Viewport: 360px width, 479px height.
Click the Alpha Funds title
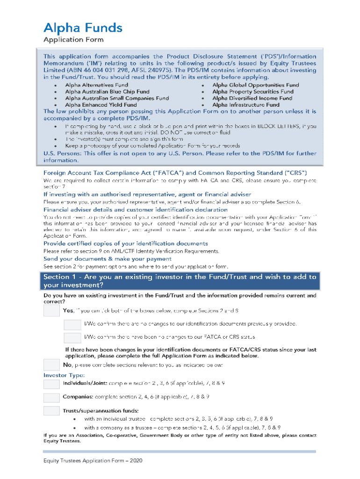coord(83,28)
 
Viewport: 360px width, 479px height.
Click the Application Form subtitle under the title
coord(73,40)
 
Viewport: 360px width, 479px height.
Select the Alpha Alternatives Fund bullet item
coord(96,85)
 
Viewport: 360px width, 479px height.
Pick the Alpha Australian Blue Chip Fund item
coord(107,92)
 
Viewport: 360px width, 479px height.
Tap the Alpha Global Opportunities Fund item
coord(255,85)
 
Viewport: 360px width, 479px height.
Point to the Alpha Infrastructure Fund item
coord(246,105)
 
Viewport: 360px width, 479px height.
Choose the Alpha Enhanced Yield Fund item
coord(101,105)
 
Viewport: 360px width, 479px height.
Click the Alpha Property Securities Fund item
coord(253,92)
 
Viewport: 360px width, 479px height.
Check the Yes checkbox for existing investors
coord(51,311)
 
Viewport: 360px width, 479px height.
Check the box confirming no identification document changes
coord(72,324)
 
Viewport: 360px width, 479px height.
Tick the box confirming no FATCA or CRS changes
coord(72,337)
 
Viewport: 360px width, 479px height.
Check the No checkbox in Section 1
coord(51,364)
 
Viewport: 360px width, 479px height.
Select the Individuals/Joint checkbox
coord(51,384)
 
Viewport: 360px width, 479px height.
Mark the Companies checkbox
coord(51,397)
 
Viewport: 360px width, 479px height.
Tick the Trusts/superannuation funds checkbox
coord(51,411)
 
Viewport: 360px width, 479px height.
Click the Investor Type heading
coord(64,375)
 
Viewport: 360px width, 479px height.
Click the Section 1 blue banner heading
coord(180,281)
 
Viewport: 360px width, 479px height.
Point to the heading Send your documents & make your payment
coord(108,259)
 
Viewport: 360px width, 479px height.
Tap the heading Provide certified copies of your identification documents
coord(126,244)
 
